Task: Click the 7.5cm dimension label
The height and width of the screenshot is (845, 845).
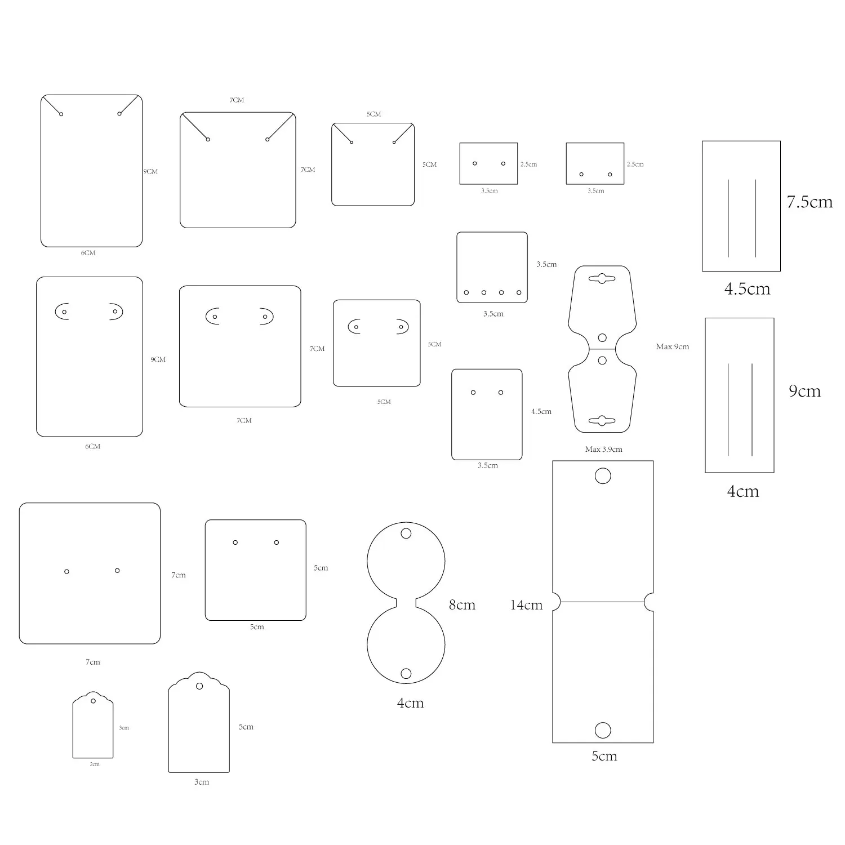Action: pyautogui.click(x=810, y=202)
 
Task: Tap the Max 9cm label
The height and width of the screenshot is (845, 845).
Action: pyautogui.click(x=672, y=346)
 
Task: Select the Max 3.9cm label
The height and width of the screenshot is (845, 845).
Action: pyautogui.click(x=603, y=449)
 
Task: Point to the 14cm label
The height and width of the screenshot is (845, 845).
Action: pyautogui.click(x=526, y=605)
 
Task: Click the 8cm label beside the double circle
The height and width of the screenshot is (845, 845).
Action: pyautogui.click(x=462, y=605)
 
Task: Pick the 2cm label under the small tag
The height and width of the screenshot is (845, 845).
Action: pyautogui.click(x=95, y=764)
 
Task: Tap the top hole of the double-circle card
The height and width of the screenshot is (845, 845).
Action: pyautogui.click(x=406, y=533)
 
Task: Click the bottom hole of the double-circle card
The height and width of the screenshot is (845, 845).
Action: pyautogui.click(x=406, y=673)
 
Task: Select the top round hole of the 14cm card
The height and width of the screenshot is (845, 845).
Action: pyautogui.click(x=603, y=476)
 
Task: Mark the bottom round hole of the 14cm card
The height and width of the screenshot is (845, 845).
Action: pyautogui.click(x=603, y=730)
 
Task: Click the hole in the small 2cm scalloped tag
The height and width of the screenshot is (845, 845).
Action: pyautogui.click(x=93, y=701)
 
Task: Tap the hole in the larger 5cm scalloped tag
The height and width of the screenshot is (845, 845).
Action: pyautogui.click(x=199, y=686)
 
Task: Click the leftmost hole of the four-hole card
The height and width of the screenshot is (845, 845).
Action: pyautogui.click(x=466, y=292)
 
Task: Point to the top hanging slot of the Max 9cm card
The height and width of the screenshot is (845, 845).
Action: pyautogui.click(x=602, y=278)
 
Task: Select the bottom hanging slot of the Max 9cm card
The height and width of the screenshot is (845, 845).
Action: pyautogui.click(x=602, y=420)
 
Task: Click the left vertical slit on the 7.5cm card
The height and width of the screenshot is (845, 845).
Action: pyautogui.click(x=728, y=219)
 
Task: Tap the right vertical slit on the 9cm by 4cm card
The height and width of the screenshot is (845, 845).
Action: pyautogui.click(x=752, y=410)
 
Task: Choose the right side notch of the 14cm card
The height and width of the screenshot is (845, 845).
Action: pyautogui.click(x=649, y=602)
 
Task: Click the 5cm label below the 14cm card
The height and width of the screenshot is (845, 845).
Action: pyautogui.click(x=604, y=756)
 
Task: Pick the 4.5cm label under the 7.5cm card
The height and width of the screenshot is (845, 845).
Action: pyautogui.click(x=747, y=289)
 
